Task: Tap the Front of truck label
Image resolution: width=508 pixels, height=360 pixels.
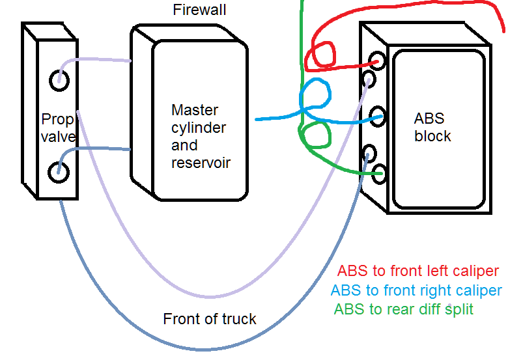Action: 210,319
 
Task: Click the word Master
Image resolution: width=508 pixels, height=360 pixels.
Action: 195,110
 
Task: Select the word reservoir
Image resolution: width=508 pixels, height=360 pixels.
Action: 201,162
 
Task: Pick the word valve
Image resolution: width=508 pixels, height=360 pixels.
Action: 58,137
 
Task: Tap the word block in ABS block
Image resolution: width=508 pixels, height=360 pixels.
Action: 433,136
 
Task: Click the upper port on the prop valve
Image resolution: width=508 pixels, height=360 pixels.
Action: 59,81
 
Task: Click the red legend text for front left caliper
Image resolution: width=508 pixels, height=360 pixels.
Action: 417,271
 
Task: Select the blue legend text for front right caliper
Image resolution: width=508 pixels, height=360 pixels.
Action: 416,290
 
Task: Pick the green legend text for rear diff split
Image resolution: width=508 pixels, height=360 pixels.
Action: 404,309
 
